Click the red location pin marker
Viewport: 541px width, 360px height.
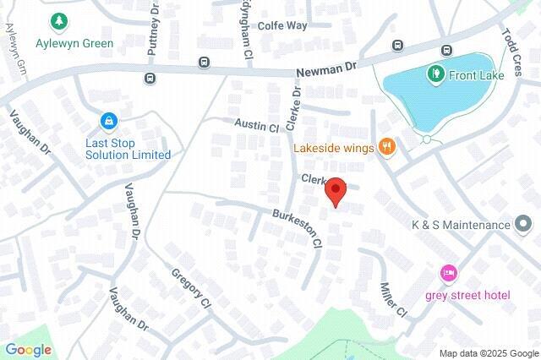point(336,192)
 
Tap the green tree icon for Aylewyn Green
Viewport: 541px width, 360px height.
point(59,21)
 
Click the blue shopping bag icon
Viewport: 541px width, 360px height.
point(108,122)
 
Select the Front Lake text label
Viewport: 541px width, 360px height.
point(477,74)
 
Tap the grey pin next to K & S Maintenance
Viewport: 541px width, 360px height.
point(525,225)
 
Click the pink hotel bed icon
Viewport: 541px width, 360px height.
point(448,274)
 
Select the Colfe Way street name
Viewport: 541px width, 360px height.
point(282,25)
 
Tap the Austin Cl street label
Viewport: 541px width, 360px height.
point(256,126)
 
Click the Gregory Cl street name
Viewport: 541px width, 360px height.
point(190,288)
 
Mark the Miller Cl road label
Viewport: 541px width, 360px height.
point(394,300)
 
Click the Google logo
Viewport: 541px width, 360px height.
point(28,350)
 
